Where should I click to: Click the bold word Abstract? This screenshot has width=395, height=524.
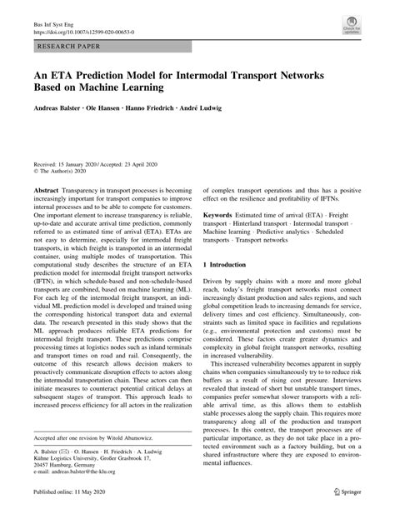click(46, 191)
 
